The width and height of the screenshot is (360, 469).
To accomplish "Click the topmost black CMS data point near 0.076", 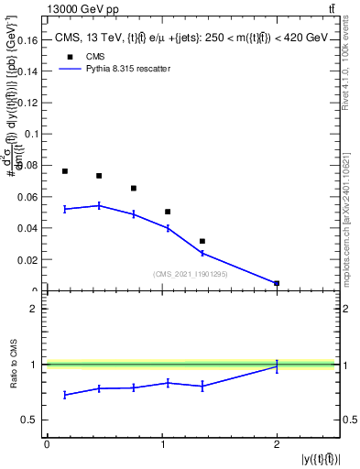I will pos(65,171).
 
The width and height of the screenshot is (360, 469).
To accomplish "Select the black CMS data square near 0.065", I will pos(134,189).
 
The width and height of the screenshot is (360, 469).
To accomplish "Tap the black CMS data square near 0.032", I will pos(202,241).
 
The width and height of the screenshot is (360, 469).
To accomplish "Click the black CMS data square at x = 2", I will pos(277,283).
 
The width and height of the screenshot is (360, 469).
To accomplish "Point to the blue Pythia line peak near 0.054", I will pos(99,205).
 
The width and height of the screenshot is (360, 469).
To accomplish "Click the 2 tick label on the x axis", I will pos(277,444).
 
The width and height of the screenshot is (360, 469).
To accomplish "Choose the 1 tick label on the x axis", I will pos(162,444).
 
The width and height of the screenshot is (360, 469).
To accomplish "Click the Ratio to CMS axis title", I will pos(14,365).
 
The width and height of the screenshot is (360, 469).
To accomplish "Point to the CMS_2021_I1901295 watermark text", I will pos(191,274).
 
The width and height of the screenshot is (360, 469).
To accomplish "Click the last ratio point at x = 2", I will pos(277,365).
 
